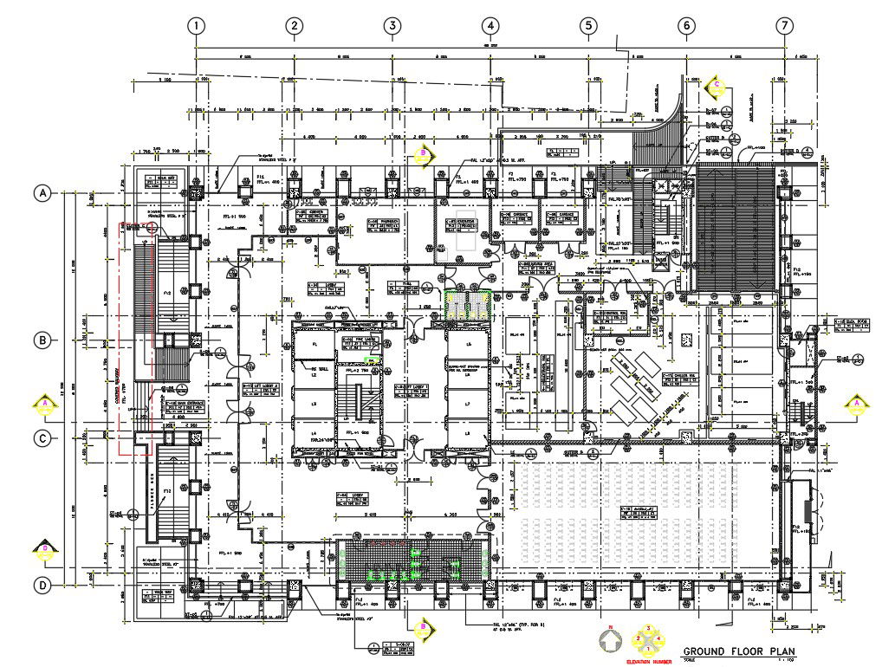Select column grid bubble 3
coord(392,26)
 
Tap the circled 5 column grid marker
coord(588,26)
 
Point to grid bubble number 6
coord(686,26)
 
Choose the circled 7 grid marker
coord(784,26)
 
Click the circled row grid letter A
coord(41,193)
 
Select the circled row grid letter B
coord(41,340)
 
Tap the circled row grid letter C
coord(41,438)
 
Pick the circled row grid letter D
coord(41,586)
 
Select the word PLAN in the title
coord(779,651)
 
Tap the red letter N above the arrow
coord(610,626)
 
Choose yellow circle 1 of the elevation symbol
coord(647,649)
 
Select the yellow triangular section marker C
coord(717,85)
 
